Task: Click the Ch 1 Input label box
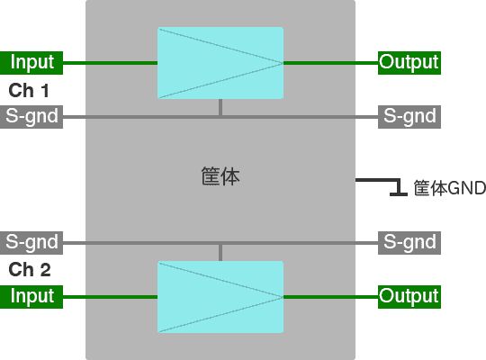pyautogui.click(x=31, y=63)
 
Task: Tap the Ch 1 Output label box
pyautogui.click(x=409, y=63)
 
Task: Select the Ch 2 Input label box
pyautogui.click(x=31, y=297)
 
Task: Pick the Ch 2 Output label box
pyautogui.click(x=409, y=297)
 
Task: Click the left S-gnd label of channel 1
pyautogui.click(x=31, y=117)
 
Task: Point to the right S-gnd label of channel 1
pyautogui.click(x=409, y=117)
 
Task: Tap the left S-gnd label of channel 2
pyautogui.click(x=31, y=243)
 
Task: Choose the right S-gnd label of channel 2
pyautogui.click(x=409, y=243)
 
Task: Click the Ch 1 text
pyautogui.click(x=29, y=91)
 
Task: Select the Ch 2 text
pyautogui.click(x=30, y=269)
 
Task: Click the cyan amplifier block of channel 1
pyautogui.click(x=220, y=63)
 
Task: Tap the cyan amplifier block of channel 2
pyautogui.click(x=220, y=297)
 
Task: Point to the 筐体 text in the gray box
pyautogui.click(x=220, y=176)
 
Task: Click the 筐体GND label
pyautogui.click(x=449, y=188)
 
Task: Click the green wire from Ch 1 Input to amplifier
pyautogui.click(x=110, y=63)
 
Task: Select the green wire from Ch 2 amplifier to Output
pyautogui.click(x=330, y=297)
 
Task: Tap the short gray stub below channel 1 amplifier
pyautogui.click(x=220, y=107)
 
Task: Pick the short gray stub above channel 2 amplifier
pyautogui.click(x=220, y=253)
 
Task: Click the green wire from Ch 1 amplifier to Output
pyautogui.click(x=330, y=63)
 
